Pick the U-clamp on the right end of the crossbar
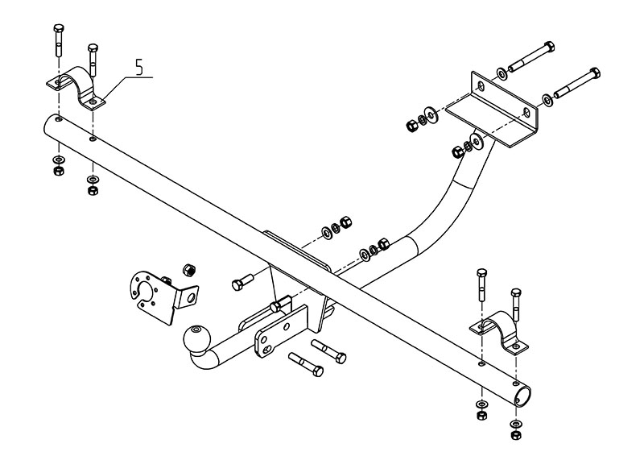coord(499,331)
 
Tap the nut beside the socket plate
coord(190,268)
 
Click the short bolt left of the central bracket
coord(242,282)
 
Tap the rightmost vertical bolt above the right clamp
coord(516,301)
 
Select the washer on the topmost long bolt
coord(502,75)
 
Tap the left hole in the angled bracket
coord(481,85)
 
